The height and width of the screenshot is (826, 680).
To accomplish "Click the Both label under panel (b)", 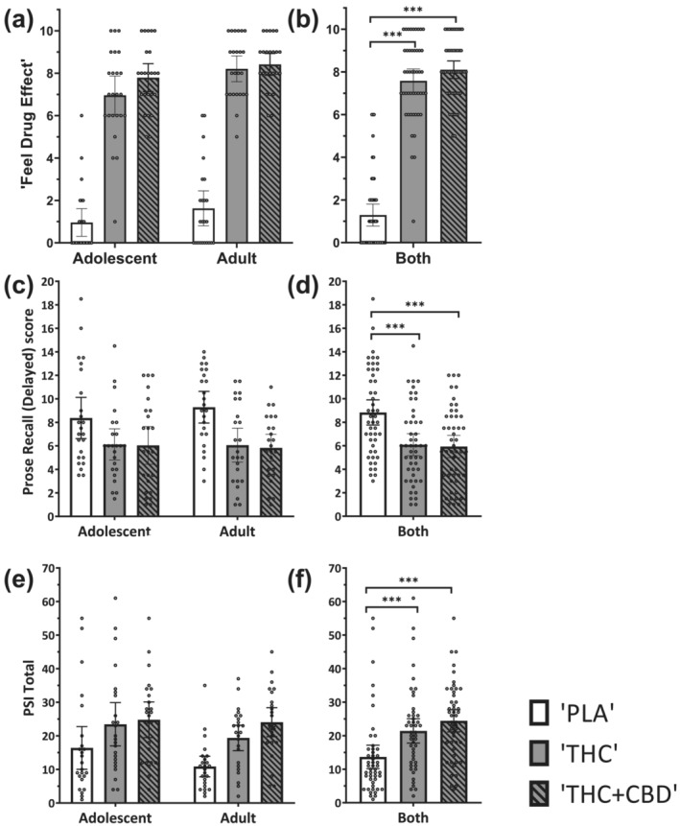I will tap(413, 258).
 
